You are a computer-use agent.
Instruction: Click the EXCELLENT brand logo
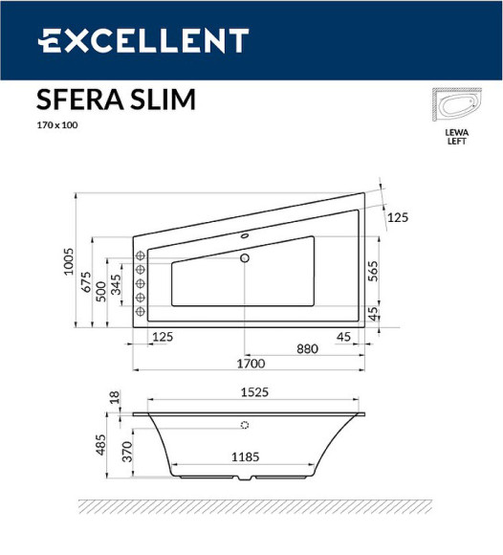point(143,41)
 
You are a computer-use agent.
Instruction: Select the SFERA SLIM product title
point(116,100)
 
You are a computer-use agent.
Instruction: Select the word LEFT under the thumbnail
point(456,142)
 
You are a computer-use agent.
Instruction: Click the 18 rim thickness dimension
point(115,397)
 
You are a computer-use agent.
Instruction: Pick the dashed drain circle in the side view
point(245,425)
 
